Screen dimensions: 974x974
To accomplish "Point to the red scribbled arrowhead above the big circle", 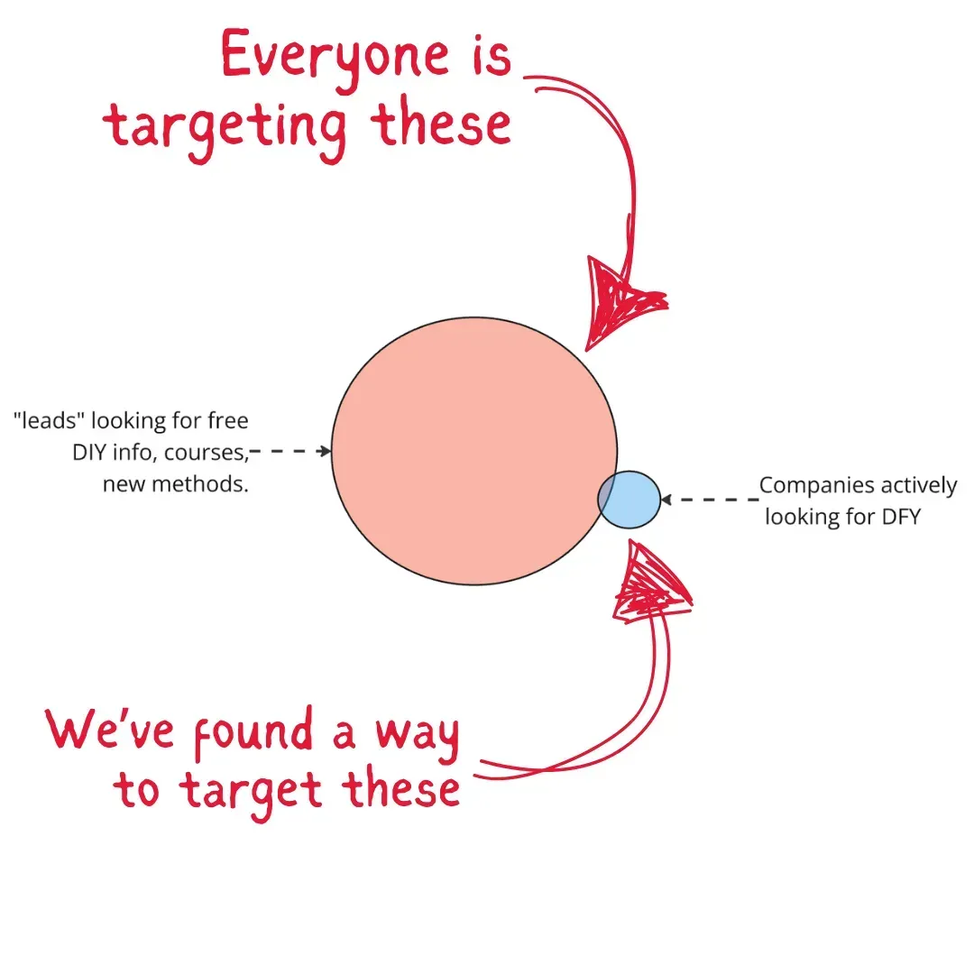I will pos(619,298).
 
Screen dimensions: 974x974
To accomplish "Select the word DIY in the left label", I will pos(89,453).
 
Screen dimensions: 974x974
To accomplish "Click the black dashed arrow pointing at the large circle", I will pos(290,451).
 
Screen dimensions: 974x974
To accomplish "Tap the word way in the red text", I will pos(420,735).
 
